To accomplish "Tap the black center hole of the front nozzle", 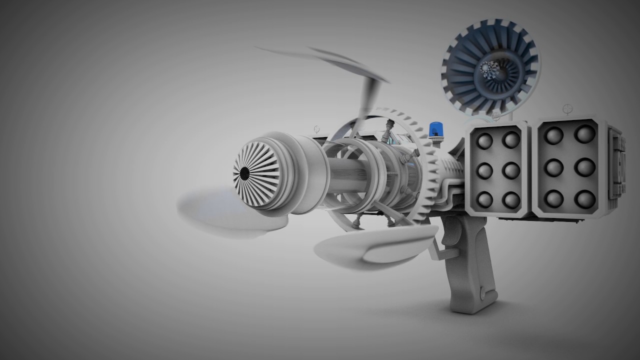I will point(244,173).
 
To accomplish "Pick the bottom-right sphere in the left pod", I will point(511,200).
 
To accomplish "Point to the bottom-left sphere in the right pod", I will point(553,198).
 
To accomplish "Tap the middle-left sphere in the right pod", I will point(553,167).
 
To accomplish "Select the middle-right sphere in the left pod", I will point(511,170).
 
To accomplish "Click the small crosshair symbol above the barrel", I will point(316,128).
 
